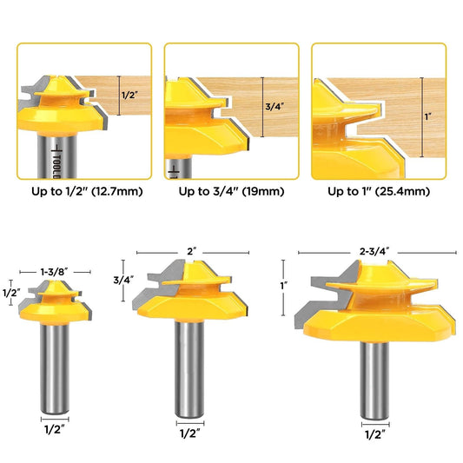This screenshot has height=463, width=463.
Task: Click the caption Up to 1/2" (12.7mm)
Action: pos(87,192)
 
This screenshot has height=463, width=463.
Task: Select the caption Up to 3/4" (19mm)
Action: pos(231,192)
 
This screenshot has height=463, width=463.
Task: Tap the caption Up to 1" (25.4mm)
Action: pos(379,192)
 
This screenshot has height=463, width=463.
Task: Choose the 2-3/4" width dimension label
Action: pos(374,252)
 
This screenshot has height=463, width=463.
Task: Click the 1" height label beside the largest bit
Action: pos(284,286)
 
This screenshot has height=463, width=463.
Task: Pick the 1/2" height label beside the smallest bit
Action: pos(11,293)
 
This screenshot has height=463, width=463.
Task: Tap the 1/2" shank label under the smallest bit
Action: pos(55,429)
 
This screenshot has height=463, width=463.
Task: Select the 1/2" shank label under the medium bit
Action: pos(190,433)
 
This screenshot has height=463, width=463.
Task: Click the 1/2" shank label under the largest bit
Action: pos(375,434)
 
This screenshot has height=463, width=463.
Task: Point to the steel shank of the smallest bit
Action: pos(55,368)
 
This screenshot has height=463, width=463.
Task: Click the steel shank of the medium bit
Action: pos(189,369)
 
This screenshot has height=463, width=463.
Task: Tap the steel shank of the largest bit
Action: pos(374,380)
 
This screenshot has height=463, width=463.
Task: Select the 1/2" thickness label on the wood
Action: pos(129,95)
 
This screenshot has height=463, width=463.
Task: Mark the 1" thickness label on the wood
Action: pos(428,117)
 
